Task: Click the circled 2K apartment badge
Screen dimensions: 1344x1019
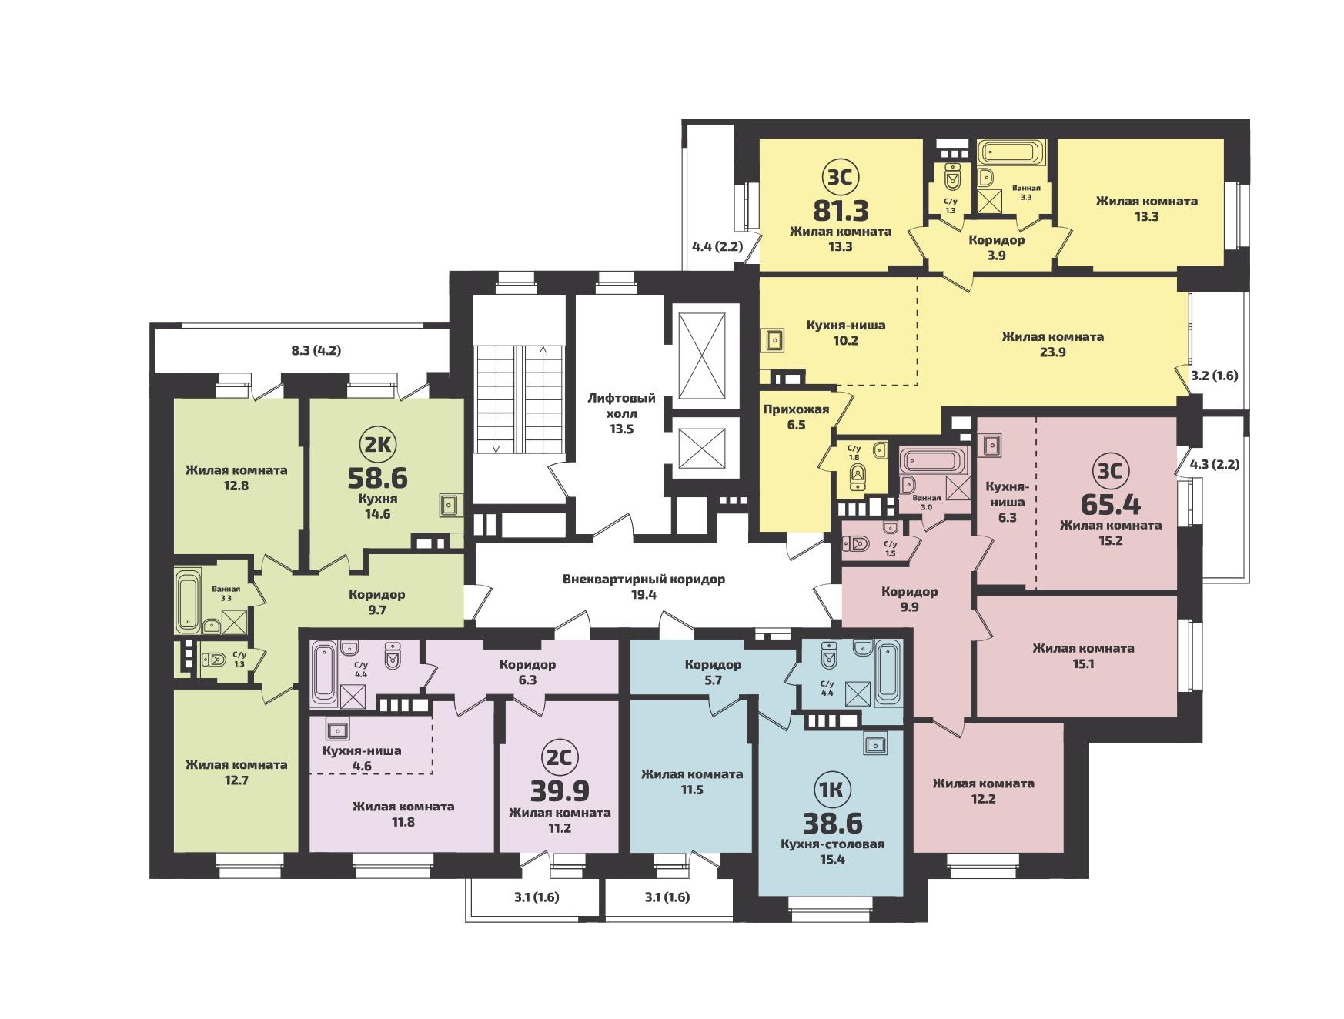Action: (378, 444)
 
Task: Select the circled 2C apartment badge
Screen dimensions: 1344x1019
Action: (560, 757)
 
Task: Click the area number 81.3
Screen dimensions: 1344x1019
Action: (841, 209)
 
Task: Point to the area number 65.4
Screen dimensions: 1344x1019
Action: (1111, 504)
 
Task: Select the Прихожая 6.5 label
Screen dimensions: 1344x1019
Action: (796, 416)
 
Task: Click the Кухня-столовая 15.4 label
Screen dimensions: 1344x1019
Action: (832, 851)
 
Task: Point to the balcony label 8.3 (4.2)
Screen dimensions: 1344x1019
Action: (316, 350)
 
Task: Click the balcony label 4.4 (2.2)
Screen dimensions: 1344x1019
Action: (717, 247)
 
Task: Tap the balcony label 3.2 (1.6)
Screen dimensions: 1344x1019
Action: (1214, 376)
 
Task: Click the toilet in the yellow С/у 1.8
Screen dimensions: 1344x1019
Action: (858, 478)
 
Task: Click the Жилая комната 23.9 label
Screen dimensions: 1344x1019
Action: (1052, 344)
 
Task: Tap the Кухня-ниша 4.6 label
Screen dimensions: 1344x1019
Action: (362, 758)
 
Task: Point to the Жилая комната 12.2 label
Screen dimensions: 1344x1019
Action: (983, 790)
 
